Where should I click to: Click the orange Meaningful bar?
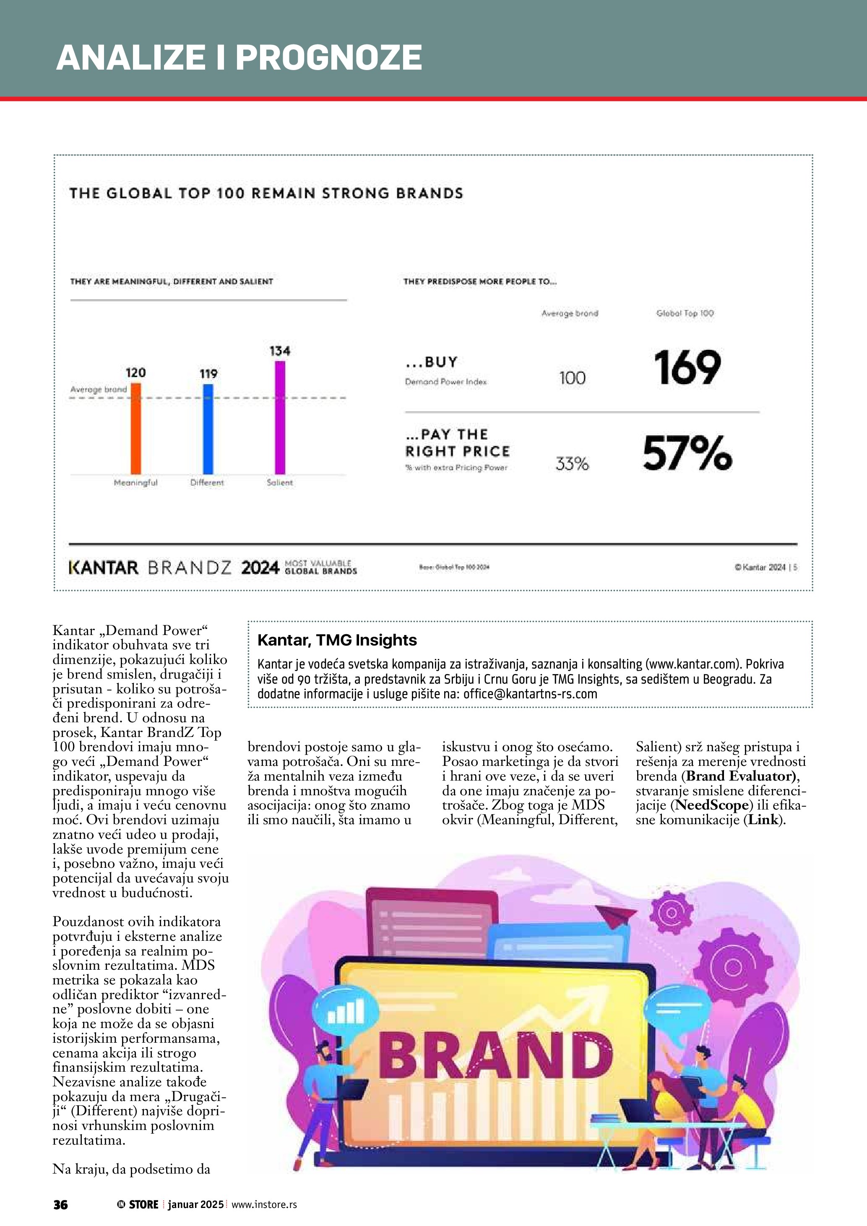(x=136, y=429)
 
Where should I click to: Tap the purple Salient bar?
(x=280, y=418)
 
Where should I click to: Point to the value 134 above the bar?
(x=280, y=351)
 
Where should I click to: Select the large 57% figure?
(x=687, y=453)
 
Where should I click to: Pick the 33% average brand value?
(x=572, y=463)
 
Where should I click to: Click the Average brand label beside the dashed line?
(x=99, y=389)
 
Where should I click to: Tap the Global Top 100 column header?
(x=685, y=313)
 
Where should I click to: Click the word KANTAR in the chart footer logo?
(x=104, y=567)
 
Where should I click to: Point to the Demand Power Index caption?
(x=446, y=382)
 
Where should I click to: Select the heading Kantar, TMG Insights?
(x=337, y=640)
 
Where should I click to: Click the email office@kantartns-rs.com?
(x=530, y=694)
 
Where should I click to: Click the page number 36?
(x=60, y=1204)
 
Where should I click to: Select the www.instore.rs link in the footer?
(x=264, y=1204)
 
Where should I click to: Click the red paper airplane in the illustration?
(x=616, y=916)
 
